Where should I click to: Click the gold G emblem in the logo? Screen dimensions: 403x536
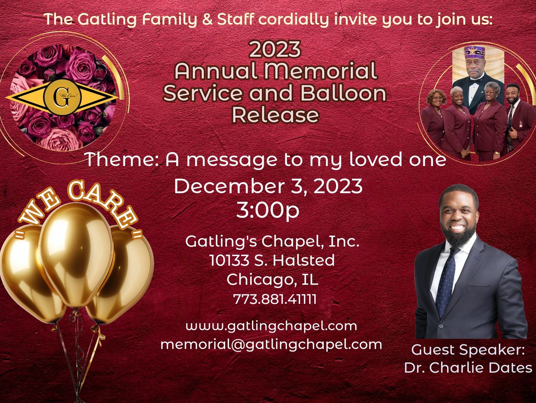click(x=62, y=99)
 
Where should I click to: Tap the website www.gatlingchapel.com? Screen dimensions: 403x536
click(x=271, y=326)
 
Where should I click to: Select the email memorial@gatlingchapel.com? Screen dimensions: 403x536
click(x=271, y=344)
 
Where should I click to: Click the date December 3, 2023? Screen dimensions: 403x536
click(x=268, y=186)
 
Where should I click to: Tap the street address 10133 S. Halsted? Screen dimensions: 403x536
click(x=272, y=260)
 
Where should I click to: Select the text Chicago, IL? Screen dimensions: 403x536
click(x=272, y=279)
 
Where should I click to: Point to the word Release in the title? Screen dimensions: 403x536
click(x=275, y=115)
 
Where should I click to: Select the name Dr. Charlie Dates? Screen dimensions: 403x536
click(x=468, y=368)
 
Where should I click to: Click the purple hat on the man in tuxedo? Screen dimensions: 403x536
click(x=475, y=52)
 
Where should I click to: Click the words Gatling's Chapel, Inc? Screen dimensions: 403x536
click(x=272, y=241)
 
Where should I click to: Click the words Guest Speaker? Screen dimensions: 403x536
click(x=468, y=349)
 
